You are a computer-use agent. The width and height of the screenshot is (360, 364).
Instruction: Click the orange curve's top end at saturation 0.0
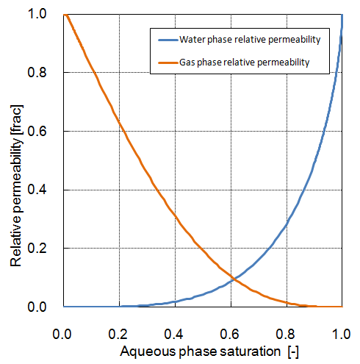click(64, 14)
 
